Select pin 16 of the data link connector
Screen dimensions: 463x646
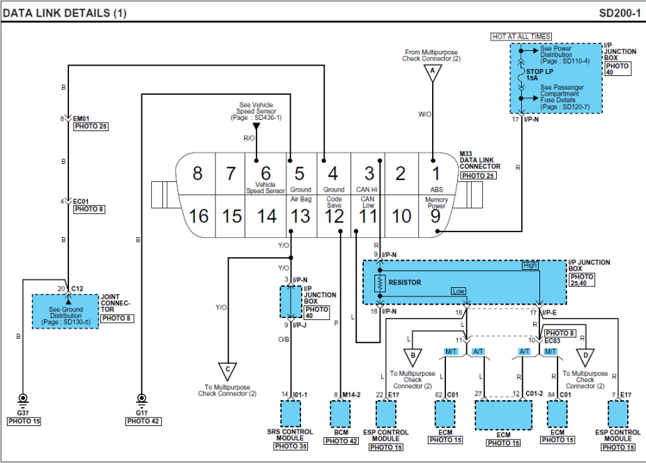(199, 216)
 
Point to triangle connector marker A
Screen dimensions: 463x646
(432, 72)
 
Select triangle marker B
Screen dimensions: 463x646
(413, 357)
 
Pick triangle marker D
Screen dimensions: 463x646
(586, 357)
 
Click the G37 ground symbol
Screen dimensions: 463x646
(22, 400)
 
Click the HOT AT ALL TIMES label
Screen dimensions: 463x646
(521, 36)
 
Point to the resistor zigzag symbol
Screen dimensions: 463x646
(380, 282)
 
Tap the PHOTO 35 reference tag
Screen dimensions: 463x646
(291, 446)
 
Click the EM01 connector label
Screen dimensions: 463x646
(82, 119)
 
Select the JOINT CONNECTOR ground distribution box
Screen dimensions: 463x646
(66, 312)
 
